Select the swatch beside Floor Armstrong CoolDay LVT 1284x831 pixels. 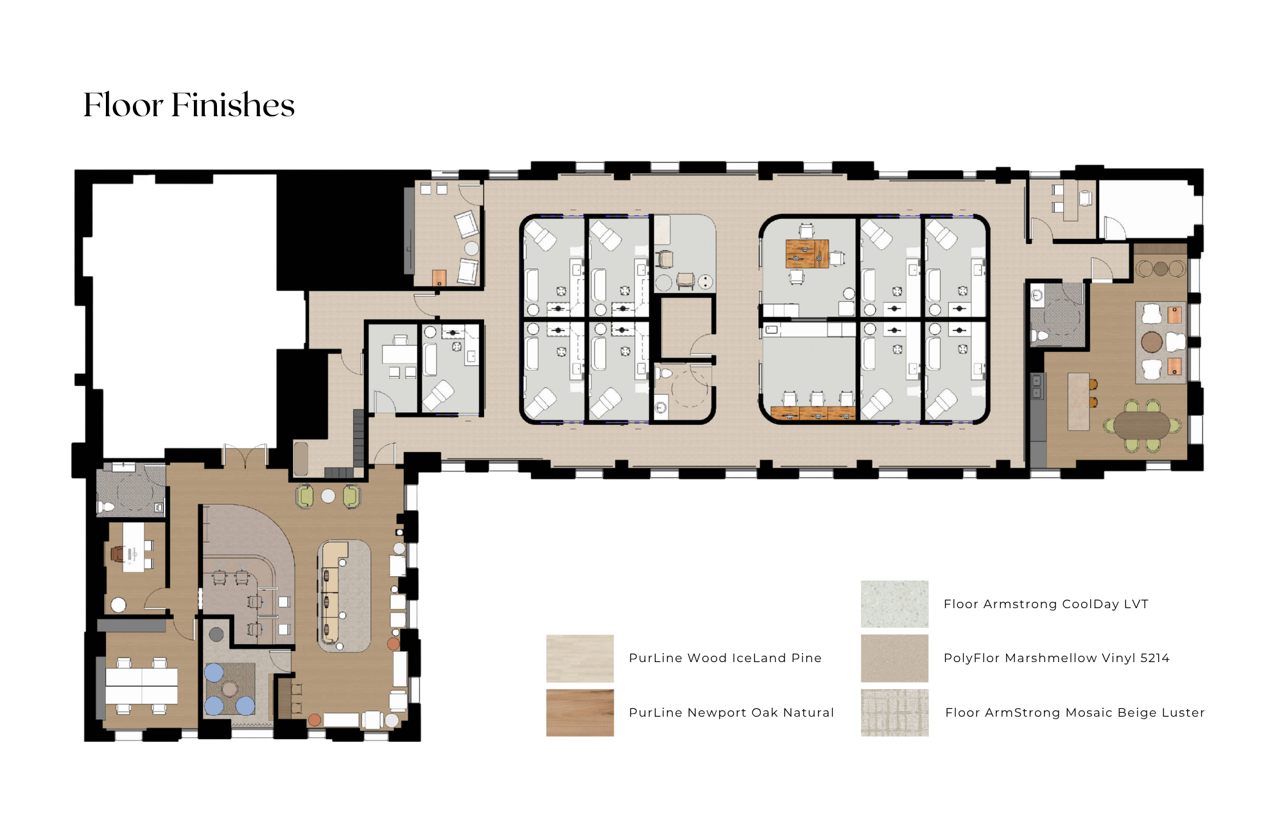[894, 604]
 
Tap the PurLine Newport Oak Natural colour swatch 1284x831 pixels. [580, 712]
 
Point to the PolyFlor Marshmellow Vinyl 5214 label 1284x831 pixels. [1056, 658]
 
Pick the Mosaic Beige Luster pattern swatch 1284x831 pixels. [894, 712]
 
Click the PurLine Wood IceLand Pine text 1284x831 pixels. [725, 658]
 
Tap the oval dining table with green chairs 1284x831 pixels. [1142, 424]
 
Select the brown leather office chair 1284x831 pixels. [118, 553]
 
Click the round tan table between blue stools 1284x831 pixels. [229, 689]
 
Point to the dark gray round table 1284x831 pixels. [216, 634]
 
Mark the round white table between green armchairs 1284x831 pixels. [328, 496]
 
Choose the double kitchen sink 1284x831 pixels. [1036, 385]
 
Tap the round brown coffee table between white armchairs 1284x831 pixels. [1152, 342]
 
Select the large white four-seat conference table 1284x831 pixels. [141, 686]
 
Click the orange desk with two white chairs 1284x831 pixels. [807, 254]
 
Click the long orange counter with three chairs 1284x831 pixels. [813, 413]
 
